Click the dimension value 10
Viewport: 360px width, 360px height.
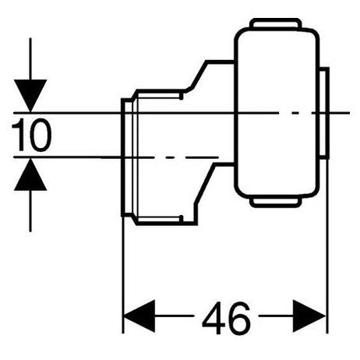(x=32, y=136)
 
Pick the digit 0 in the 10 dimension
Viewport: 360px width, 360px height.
(x=40, y=136)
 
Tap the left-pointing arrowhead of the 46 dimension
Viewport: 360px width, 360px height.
(x=139, y=318)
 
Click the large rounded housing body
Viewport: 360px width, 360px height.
(x=277, y=113)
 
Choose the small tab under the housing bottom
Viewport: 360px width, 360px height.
(x=275, y=203)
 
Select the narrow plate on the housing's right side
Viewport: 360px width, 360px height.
(x=323, y=113)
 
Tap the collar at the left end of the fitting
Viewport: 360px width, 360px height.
(x=129, y=160)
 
